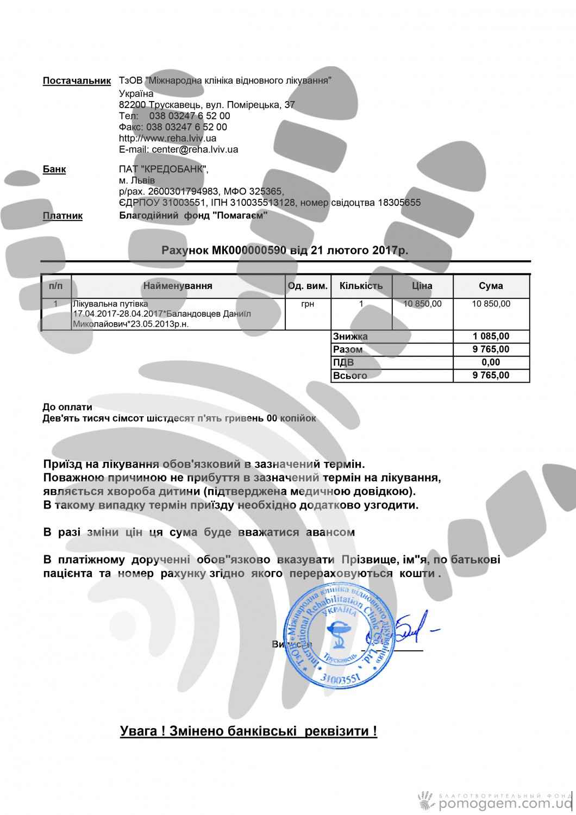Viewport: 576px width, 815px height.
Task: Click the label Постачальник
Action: coord(77,81)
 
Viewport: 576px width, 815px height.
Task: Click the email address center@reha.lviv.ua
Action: coord(195,149)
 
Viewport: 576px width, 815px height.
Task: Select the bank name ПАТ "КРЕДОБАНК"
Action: coord(163,170)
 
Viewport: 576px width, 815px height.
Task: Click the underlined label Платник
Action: coord(62,216)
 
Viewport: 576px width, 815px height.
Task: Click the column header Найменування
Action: coord(178,286)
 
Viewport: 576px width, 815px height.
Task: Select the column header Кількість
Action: coord(361,286)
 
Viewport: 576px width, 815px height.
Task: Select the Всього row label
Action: coord(350,375)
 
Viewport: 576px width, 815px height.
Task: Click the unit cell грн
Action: coord(307,304)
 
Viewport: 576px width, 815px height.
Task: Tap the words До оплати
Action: coord(67,407)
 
